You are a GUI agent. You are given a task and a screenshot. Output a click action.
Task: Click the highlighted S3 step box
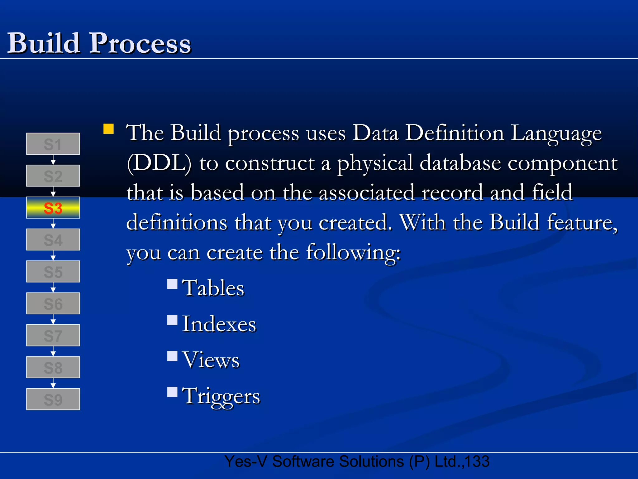pos(53,208)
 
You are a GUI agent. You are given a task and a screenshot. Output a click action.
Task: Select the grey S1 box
pos(53,144)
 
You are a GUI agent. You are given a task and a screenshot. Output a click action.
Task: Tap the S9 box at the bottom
pos(53,399)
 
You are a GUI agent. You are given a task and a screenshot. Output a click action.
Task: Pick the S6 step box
pos(53,303)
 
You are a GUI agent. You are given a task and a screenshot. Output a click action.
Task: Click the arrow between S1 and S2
pos(53,160)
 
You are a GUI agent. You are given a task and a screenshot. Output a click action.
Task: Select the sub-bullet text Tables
pos(213,288)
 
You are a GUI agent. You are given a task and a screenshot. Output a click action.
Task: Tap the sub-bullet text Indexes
pos(219,324)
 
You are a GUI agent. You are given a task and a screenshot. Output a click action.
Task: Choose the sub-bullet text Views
pos(211,360)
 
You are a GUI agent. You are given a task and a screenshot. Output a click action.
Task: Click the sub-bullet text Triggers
pos(221,396)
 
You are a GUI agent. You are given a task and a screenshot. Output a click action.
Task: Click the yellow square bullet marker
pos(108,129)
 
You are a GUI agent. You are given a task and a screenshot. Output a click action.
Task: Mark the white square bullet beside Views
pos(172,356)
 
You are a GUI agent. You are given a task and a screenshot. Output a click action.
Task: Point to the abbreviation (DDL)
pos(159,163)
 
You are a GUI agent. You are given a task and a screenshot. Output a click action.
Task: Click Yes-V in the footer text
pos(245,462)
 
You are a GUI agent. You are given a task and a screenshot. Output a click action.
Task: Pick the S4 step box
pos(53,239)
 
